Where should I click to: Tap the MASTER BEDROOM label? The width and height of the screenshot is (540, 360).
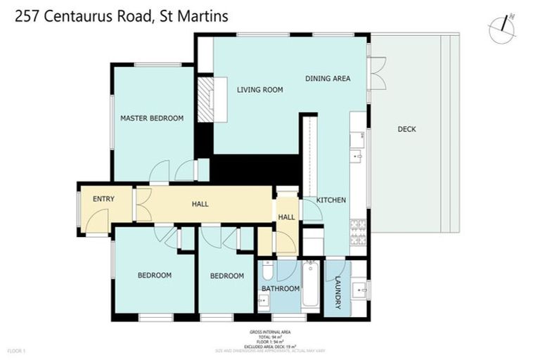click(151, 118)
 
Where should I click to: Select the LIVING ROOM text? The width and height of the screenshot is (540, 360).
click(259, 89)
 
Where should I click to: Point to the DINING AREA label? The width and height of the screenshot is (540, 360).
click(328, 79)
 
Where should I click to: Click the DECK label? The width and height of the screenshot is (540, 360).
click(406, 129)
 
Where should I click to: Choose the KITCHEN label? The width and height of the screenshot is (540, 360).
click(330, 200)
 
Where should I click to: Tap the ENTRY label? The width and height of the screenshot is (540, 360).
click(103, 199)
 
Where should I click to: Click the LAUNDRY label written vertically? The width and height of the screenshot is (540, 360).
click(337, 292)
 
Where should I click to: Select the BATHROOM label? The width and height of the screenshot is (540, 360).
click(281, 288)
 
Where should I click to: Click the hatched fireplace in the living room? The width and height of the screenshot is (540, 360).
click(205, 100)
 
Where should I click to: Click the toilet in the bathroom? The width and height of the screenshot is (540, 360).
click(269, 270)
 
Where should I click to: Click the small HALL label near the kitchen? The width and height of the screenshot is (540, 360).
click(286, 218)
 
